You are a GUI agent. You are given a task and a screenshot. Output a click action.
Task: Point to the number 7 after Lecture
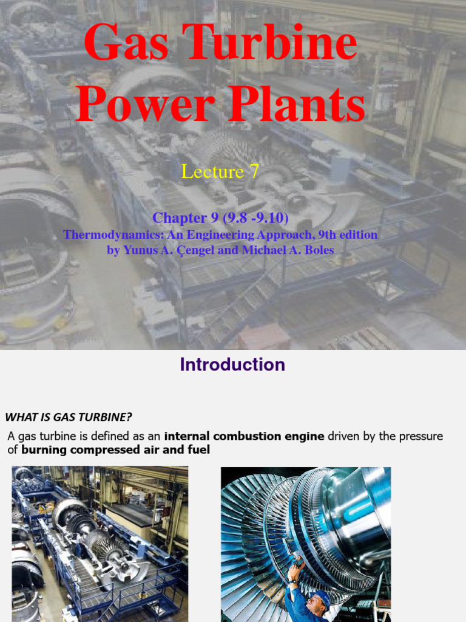(x=254, y=172)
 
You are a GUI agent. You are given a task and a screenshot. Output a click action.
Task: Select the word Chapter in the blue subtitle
(x=180, y=217)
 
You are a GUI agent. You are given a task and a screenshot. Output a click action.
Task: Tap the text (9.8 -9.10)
(x=249, y=217)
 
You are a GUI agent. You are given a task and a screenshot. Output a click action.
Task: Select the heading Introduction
(x=232, y=364)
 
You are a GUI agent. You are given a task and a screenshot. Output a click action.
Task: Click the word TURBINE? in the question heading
(x=106, y=417)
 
